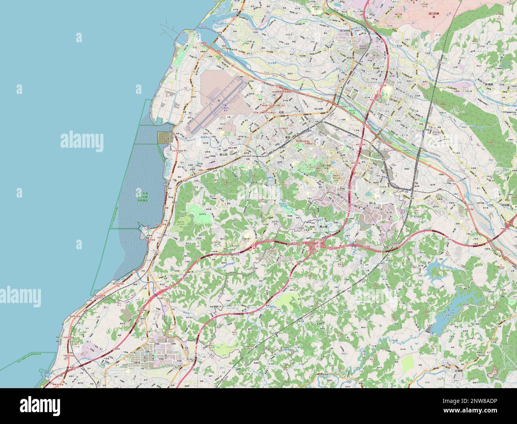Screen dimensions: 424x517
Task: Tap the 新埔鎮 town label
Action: click(492, 85)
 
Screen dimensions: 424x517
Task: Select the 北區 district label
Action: click(281, 112)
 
